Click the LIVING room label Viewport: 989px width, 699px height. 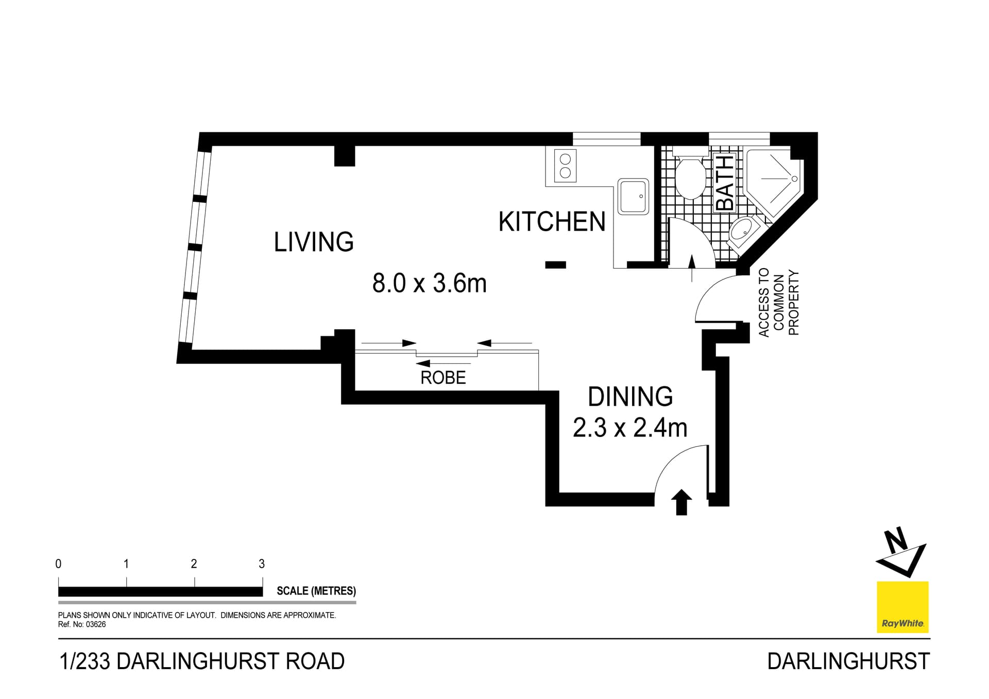(314, 242)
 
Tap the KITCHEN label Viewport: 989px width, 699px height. (552, 222)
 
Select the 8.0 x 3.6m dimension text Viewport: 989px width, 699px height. (429, 283)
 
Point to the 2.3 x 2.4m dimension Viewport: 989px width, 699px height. (629, 428)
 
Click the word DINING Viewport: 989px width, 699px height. (630, 397)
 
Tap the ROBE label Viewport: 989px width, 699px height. (443, 378)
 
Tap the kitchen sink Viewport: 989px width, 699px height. (633, 196)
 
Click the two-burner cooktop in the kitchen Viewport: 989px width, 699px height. (565, 166)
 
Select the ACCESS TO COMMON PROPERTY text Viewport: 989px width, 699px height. (778, 303)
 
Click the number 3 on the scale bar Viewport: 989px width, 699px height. (262, 564)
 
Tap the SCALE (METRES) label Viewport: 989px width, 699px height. (316, 591)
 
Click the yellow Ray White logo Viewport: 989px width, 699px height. (902, 607)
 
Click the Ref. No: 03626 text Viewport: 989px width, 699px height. (82, 624)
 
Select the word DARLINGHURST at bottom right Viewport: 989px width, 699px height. (848, 661)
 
